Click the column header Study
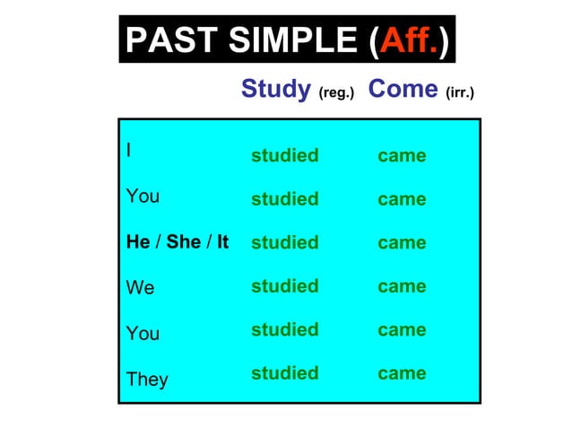coord(275,89)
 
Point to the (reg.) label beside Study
coord(337,92)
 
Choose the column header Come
coord(403,89)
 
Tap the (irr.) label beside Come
coord(459,92)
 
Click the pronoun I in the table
coord(129,150)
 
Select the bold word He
coord(138,242)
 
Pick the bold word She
coord(184,242)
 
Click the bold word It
coord(222,242)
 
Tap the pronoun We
coord(140,288)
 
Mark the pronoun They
coord(147,380)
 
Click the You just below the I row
coord(143,196)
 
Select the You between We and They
coord(143,333)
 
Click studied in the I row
coord(284,155)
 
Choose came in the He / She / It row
coord(402,242)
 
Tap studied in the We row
coord(284,285)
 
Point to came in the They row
coord(402,372)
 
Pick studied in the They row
coord(284,372)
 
